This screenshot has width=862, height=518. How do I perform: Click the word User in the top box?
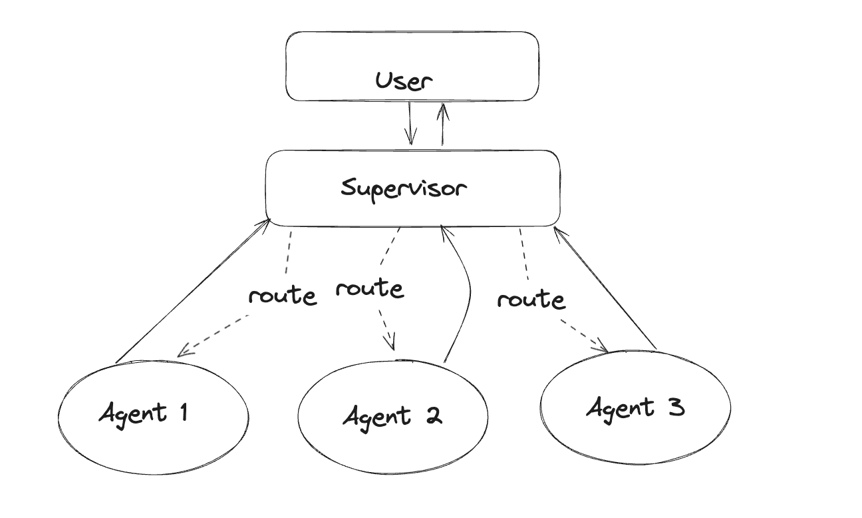404,81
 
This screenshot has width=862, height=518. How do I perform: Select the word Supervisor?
404,188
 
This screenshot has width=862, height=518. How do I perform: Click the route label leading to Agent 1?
282,296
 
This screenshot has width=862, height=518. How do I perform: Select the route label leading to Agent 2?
369,289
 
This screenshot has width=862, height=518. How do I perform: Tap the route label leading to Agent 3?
531,300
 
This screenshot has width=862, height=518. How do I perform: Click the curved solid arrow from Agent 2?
466,293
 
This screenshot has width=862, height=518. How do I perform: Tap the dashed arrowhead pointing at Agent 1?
184,350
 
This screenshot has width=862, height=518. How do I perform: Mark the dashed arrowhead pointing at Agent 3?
602,347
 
